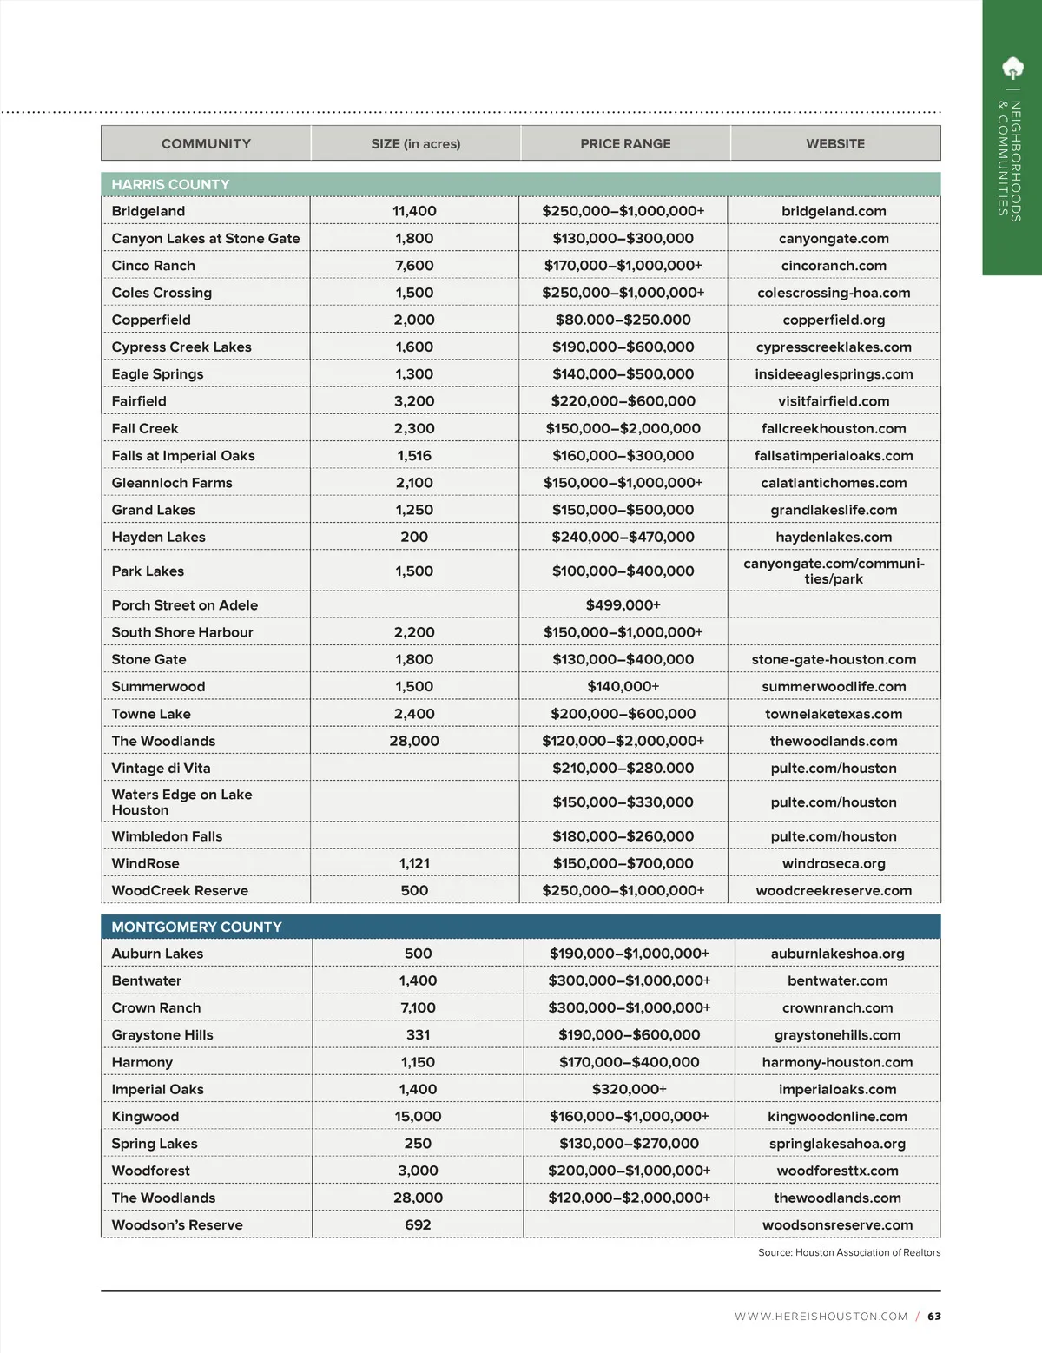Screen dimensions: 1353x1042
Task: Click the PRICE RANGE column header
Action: click(625, 144)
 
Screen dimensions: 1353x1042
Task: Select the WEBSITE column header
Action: click(835, 144)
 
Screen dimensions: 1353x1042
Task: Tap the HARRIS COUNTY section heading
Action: click(170, 185)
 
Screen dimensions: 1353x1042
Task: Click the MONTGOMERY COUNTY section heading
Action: click(196, 927)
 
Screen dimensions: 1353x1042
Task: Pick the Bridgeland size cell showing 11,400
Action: click(414, 211)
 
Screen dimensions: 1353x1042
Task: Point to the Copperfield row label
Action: click(151, 320)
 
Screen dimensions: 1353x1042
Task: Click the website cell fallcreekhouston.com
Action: click(834, 428)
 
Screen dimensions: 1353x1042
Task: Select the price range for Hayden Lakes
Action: click(623, 537)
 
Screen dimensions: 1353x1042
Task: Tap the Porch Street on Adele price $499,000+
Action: click(623, 605)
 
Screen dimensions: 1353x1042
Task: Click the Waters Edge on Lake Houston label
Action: click(181, 802)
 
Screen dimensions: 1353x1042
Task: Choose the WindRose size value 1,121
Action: click(414, 863)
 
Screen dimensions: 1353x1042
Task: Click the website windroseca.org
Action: click(834, 863)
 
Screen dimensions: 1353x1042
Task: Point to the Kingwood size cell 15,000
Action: click(418, 1116)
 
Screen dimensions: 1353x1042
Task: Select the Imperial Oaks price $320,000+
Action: click(630, 1089)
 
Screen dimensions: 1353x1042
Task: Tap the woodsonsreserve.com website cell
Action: click(837, 1224)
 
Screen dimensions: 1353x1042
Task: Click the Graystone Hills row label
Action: click(162, 1034)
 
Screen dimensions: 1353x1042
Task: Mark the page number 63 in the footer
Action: click(934, 1317)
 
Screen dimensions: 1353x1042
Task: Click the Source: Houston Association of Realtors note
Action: click(849, 1252)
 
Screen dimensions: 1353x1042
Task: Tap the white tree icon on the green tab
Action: click(1012, 68)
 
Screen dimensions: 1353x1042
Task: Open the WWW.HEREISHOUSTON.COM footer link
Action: click(821, 1317)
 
